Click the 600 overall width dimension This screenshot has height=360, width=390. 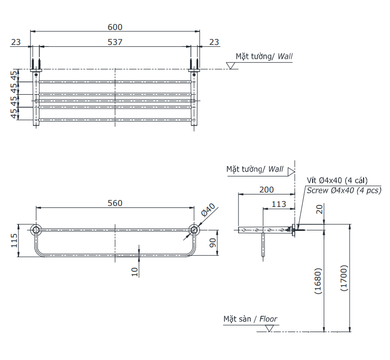tap(115, 27)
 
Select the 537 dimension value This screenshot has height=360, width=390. tap(115, 42)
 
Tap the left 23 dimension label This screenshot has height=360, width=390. tap(16, 42)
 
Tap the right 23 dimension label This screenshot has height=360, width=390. tap(214, 42)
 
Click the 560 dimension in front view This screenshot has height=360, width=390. tap(115, 203)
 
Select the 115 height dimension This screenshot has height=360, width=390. tap(14, 240)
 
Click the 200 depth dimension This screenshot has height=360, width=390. tap(267, 189)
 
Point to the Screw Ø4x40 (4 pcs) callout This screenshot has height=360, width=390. tap(344, 190)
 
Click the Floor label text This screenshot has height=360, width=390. tap(268, 319)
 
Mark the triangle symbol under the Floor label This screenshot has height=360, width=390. tap(270, 328)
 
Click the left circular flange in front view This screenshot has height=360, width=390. tap(36, 230)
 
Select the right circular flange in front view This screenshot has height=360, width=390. tap(194, 230)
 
